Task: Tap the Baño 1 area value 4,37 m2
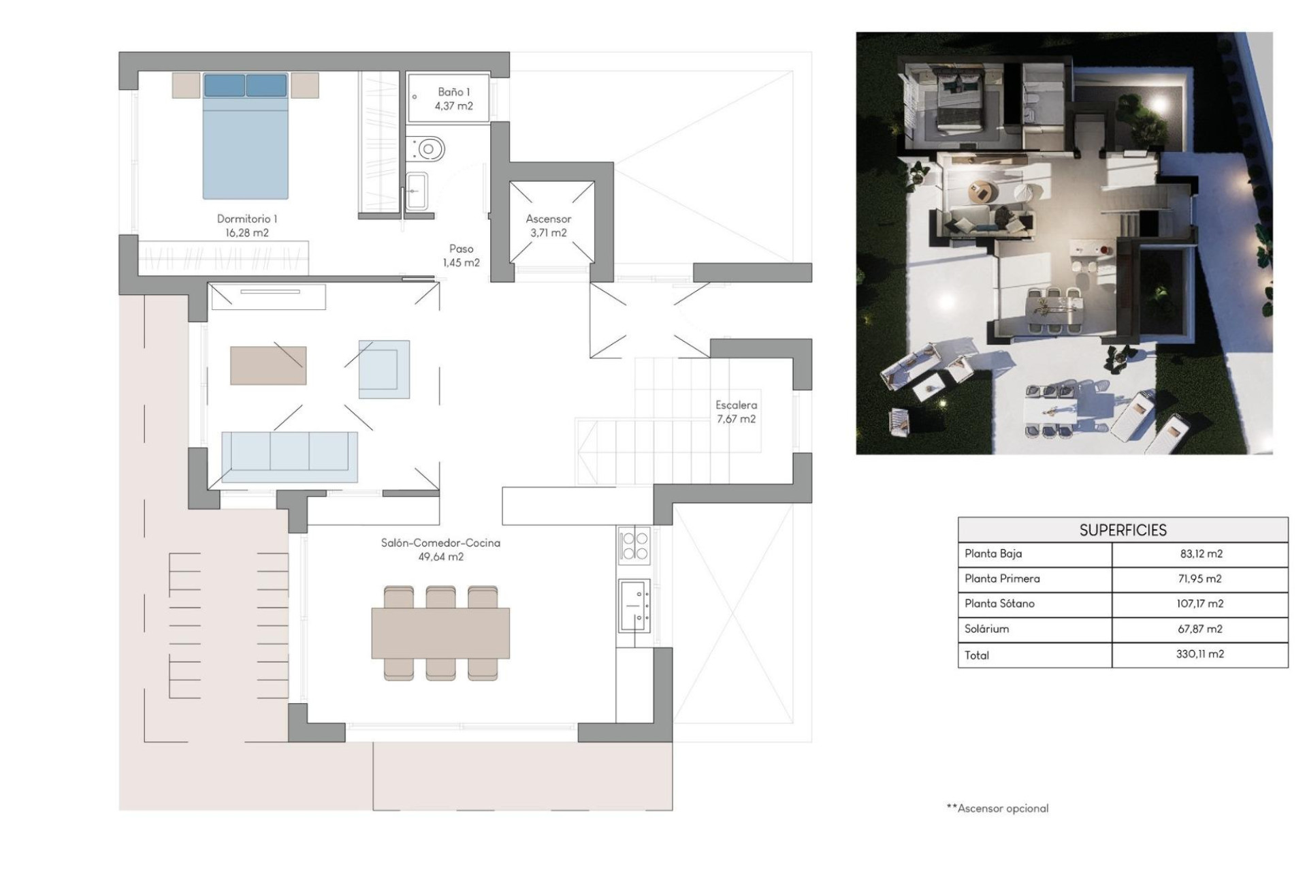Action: pyautogui.click(x=453, y=106)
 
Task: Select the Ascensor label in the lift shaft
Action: pyautogui.click(x=548, y=219)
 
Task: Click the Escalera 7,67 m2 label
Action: pyautogui.click(x=736, y=412)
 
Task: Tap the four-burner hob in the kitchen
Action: pyautogui.click(x=634, y=546)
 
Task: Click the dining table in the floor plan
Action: pyautogui.click(x=440, y=633)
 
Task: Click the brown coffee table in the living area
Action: pyautogui.click(x=268, y=366)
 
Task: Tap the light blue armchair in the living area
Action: pyautogui.click(x=384, y=369)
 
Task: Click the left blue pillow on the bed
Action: pyautogui.click(x=225, y=86)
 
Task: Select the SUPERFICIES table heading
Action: pyautogui.click(x=1123, y=530)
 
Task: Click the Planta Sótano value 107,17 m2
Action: pyautogui.click(x=1200, y=604)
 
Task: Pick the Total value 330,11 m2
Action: pyautogui.click(x=1200, y=654)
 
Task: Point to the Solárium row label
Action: pyautogui.click(x=986, y=629)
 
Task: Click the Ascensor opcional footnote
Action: pyautogui.click(x=998, y=809)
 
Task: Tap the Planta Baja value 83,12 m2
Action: pyautogui.click(x=1201, y=554)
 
